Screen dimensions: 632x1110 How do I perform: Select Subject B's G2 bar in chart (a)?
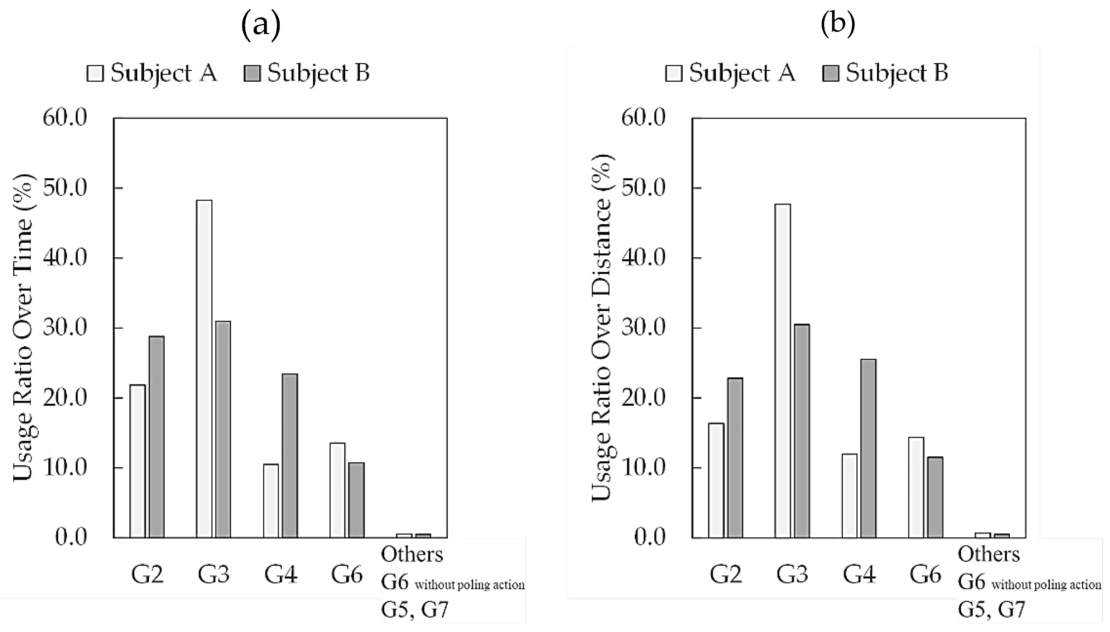point(156,437)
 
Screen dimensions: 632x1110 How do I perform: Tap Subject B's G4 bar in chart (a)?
point(290,456)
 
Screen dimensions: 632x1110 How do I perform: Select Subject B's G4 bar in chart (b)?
point(868,449)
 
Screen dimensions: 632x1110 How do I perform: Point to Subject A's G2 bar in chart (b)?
point(716,480)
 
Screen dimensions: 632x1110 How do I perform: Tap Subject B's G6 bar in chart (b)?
point(935,497)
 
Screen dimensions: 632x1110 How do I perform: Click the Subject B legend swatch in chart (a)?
point(252,73)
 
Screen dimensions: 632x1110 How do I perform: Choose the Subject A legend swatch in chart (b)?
point(673,73)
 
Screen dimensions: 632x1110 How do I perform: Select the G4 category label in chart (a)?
point(281,574)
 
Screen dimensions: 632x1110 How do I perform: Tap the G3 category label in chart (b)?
point(792,574)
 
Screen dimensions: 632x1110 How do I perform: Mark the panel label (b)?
point(837,24)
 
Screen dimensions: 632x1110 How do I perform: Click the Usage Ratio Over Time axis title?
point(24,328)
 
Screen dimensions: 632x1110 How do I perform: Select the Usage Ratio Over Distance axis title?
point(603,328)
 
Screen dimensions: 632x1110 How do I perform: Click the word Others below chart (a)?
point(412,554)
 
